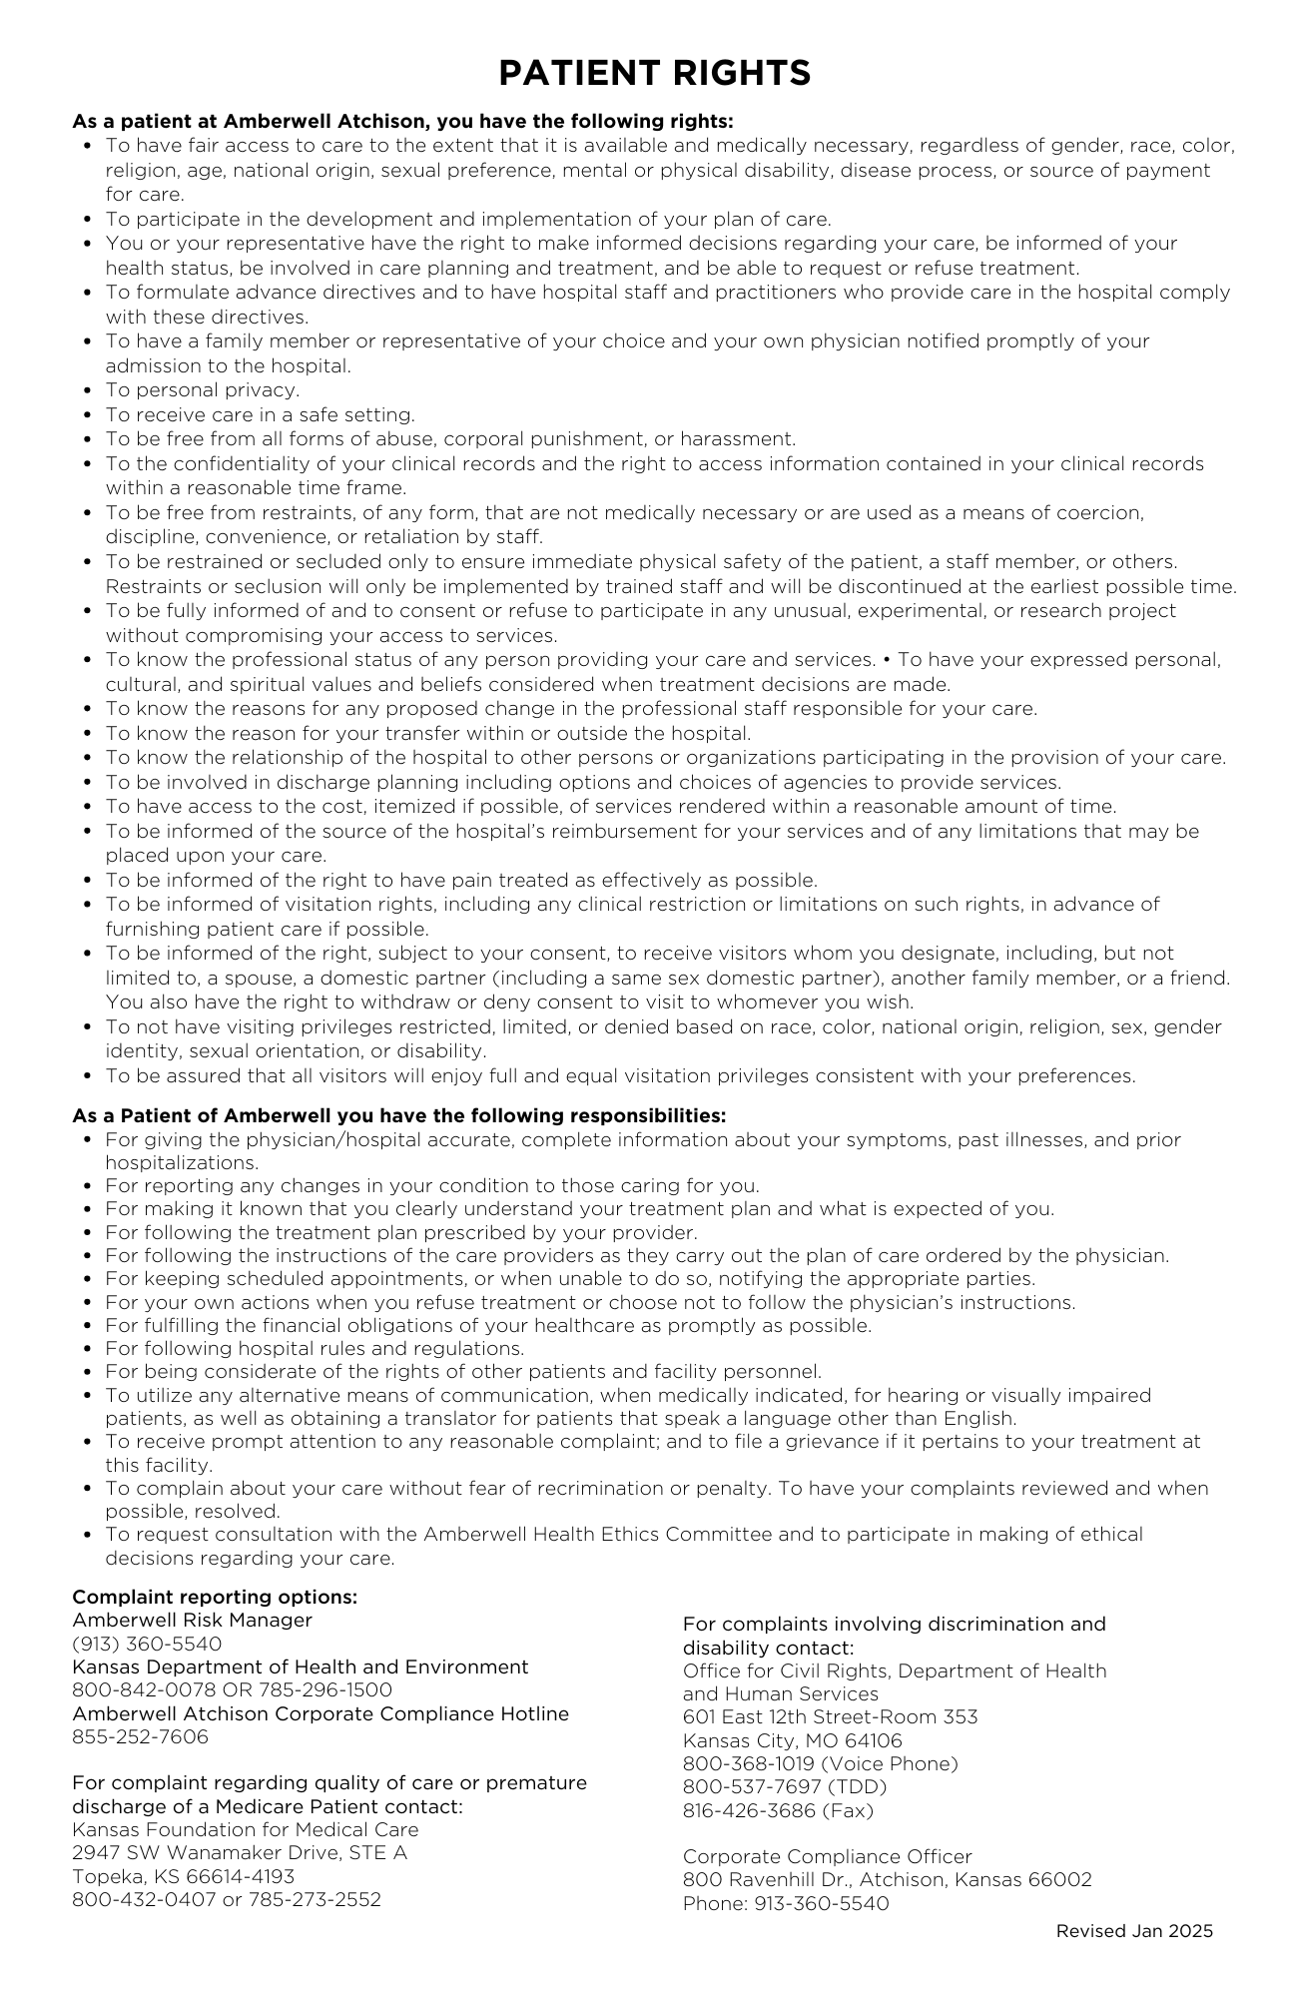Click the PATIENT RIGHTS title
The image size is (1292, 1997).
coord(654,73)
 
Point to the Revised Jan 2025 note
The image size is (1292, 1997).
coord(1134,1930)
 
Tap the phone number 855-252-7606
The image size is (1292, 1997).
coord(140,1736)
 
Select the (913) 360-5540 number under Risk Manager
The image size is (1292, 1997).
coord(147,1644)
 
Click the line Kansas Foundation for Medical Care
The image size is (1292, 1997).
coord(246,1829)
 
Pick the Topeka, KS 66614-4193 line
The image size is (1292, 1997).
coord(183,1876)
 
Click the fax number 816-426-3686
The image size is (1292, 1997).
coord(778,1810)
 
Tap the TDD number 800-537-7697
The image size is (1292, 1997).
coord(785,1786)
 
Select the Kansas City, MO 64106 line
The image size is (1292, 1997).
coord(792,1740)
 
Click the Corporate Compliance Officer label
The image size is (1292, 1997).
coord(827,1856)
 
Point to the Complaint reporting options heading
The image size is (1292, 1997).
coord(215,1597)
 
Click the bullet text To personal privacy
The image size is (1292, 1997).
coord(203,390)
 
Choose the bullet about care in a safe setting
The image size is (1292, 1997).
coord(260,414)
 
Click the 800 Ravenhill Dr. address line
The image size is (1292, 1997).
coord(887,1879)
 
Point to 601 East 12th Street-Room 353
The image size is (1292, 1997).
coord(830,1716)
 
